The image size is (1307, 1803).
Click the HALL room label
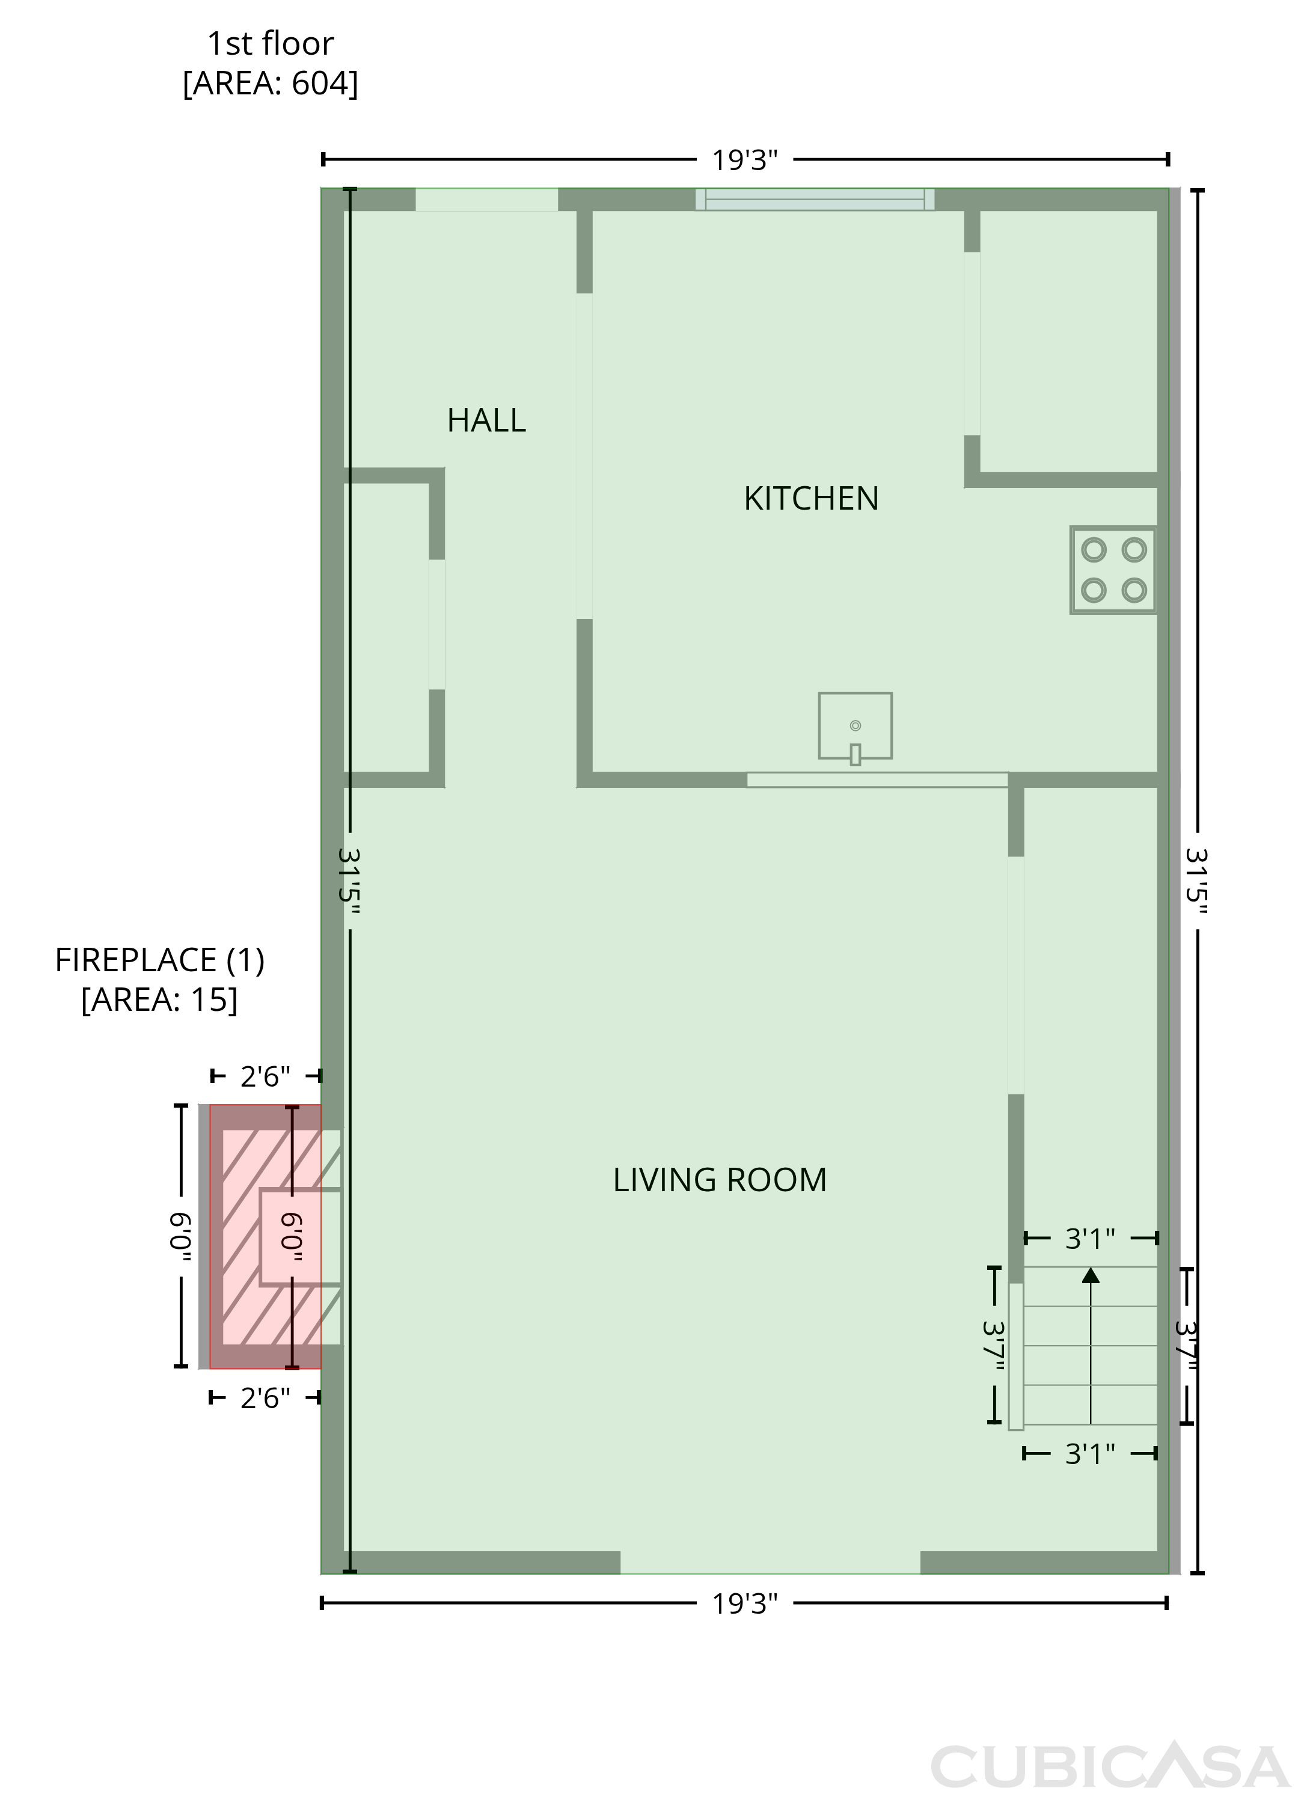click(x=486, y=421)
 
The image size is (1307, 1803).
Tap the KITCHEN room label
click(x=811, y=498)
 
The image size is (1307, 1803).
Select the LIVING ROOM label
click(x=720, y=1180)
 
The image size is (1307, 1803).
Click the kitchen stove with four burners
click(x=1113, y=570)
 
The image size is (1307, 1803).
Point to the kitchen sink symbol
click(x=855, y=727)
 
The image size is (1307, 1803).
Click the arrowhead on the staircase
click(x=1091, y=1276)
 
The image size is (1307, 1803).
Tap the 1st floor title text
click(x=271, y=44)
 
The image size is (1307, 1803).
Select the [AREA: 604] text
click(x=271, y=84)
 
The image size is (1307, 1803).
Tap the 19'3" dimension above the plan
click(x=744, y=160)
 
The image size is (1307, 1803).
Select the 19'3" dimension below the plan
click(x=744, y=1604)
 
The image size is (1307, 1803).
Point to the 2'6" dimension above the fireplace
click(x=266, y=1076)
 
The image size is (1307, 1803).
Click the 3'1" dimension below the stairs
click(x=1090, y=1454)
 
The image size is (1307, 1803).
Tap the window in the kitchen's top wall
click(x=815, y=199)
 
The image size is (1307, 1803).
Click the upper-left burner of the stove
click(x=1094, y=549)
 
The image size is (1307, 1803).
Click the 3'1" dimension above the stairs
click(x=1090, y=1238)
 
